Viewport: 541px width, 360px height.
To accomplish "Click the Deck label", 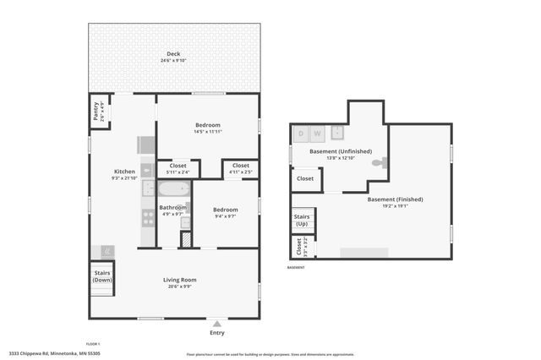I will (173, 56).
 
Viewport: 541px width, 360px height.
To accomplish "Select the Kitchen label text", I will (123, 174).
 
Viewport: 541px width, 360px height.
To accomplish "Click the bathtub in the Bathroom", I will (173, 188).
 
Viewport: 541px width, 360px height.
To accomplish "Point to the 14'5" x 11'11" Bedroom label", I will (207, 128).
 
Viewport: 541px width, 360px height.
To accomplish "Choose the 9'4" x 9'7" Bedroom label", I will (225, 212).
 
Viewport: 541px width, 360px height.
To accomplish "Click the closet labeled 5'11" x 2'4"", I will (178, 168).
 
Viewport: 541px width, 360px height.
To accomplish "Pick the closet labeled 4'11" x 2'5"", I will (240, 168).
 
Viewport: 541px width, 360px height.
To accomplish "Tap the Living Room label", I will (179, 282).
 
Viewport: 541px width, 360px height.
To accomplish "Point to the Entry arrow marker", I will (217, 324).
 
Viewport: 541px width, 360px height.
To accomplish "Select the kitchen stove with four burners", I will (148, 215).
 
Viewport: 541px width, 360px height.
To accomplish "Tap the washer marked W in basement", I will (317, 133).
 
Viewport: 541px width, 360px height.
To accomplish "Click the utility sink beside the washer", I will (336, 132).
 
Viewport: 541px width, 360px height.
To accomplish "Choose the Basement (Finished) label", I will (395, 202).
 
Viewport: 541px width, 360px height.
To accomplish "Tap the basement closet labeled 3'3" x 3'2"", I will (298, 246).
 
